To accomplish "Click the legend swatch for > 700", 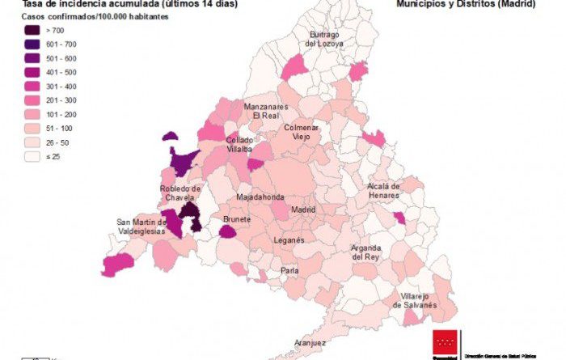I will point(33,30).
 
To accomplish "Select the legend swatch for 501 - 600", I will point(33,58).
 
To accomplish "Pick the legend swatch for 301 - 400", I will point(33,86).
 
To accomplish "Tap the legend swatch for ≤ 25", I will point(33,156).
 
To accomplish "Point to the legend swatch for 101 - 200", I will point(33,114).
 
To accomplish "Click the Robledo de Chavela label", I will point(180,194).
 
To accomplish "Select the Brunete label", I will point(237,219).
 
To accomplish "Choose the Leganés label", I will point(289,240).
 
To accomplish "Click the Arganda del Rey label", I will point(365,252).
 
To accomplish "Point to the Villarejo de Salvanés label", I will point(414,300).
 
